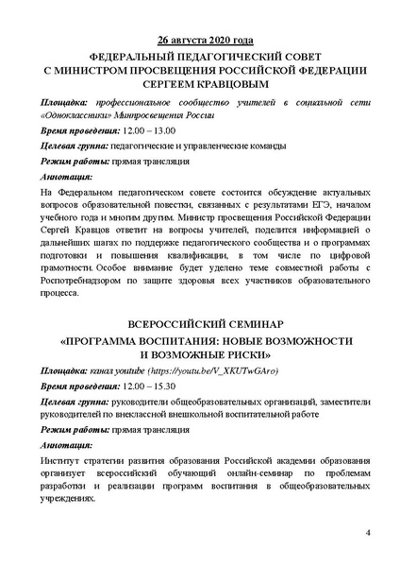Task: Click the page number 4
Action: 367,535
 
